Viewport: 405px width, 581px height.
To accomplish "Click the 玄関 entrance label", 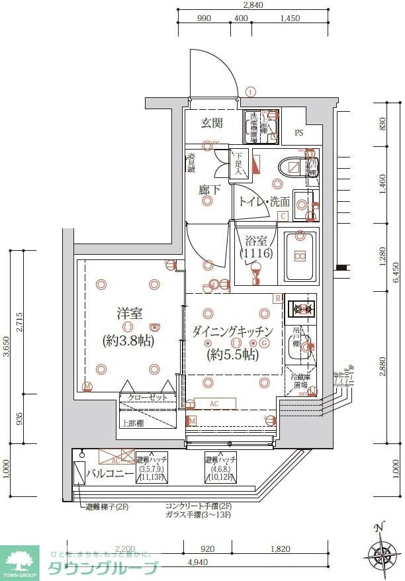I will coord(212,123).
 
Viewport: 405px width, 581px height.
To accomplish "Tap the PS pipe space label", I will coord(299,133).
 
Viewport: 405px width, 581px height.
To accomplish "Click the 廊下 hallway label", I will coord(209,190).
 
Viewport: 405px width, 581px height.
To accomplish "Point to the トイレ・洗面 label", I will coord(264,202).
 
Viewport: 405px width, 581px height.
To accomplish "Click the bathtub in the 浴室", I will coord(300,256).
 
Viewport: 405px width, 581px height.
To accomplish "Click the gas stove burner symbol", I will coord(301,309).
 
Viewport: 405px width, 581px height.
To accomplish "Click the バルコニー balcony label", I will coord(111,474).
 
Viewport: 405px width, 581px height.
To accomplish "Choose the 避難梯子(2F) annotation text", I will coord(110,508).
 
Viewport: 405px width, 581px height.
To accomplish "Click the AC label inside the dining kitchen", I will coord(214,404).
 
